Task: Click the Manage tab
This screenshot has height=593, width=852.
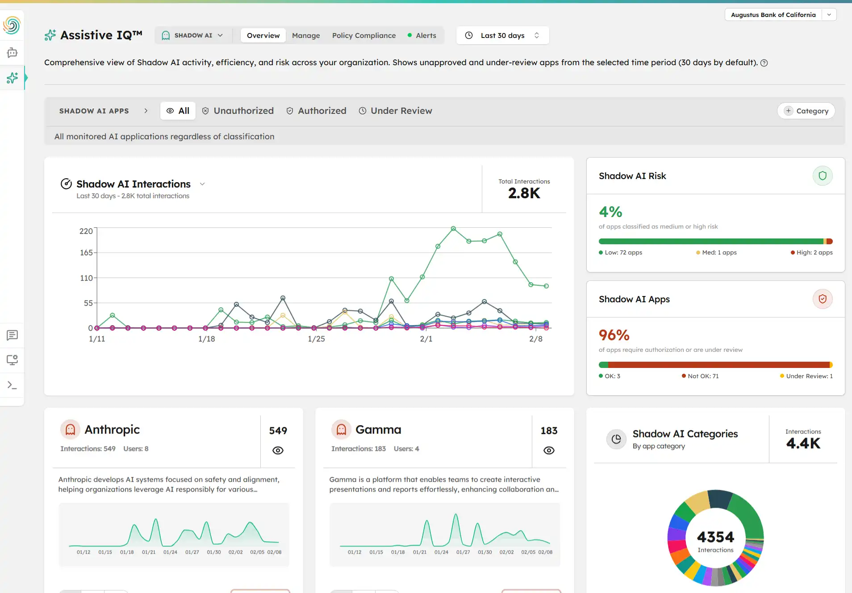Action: point(306,35)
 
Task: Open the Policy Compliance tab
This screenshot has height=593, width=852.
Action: point(363,35)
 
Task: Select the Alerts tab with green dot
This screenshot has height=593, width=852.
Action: point(426,35)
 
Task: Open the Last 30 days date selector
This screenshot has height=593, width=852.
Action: point(502,35)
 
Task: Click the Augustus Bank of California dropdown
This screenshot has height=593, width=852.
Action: point(780,15)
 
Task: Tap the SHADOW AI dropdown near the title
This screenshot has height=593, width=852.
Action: point(193,35)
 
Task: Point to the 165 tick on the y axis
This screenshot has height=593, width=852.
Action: point(86,253)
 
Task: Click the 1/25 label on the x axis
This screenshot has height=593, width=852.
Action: point(316,339)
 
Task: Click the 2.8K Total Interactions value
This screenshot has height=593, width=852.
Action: point(524,193)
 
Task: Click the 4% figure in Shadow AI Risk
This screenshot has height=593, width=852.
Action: point(610,212)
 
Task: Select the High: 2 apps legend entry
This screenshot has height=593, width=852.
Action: point(812,253)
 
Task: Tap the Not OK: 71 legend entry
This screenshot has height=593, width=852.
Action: point(700,376)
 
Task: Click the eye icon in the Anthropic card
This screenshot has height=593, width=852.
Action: point(278,451)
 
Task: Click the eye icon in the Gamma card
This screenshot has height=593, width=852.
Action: point(549,451)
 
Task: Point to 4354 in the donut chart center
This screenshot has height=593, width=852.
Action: point(715,537)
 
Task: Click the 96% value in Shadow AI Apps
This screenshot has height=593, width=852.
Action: point(614,335)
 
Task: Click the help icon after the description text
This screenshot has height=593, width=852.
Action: point(764,63)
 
